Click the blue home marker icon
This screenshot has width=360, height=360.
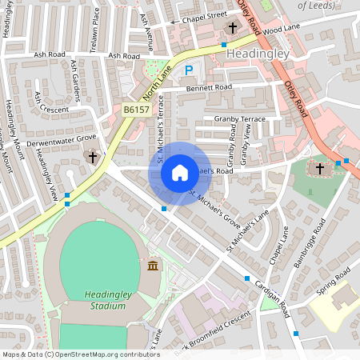[179, 172]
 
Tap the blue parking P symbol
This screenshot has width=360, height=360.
[189, 71]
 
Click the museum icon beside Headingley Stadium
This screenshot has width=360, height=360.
[153, 265]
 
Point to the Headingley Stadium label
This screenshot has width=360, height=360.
[109, 299]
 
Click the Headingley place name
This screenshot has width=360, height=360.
[258, 53]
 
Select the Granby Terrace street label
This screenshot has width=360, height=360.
[239, 118]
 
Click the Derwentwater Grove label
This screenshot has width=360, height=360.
[56, 141]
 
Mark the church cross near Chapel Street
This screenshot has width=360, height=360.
[233, 27]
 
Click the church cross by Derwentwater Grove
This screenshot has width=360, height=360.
[93, 157]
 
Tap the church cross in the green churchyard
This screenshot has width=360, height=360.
[320, 169]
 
